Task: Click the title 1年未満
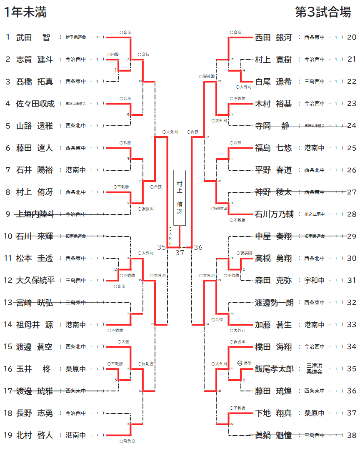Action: tap(25, 12)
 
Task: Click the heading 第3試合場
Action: tap(323, 12)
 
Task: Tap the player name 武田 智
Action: tap(33, 37)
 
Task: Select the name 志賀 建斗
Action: tap(35, 60)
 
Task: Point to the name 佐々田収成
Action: tap(35, 104)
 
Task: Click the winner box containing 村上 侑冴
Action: tap(180, 197)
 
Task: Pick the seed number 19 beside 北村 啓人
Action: tap(8, 435)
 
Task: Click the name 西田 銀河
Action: tap(273, 37)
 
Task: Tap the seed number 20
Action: tap(352, 37)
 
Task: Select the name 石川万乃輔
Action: tap(274, 214)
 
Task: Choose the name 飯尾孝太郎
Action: tap(274, 369)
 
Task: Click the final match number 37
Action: tap(180, 252)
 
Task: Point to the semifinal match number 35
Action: tap(162, 248)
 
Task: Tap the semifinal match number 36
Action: tap(198, 248)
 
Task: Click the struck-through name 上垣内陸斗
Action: tap(35, 214)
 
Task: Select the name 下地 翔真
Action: tap(273, 413)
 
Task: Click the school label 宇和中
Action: tap(315, 281)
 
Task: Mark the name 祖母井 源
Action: tap(35, 325)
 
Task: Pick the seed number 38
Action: tap(352, 435)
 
